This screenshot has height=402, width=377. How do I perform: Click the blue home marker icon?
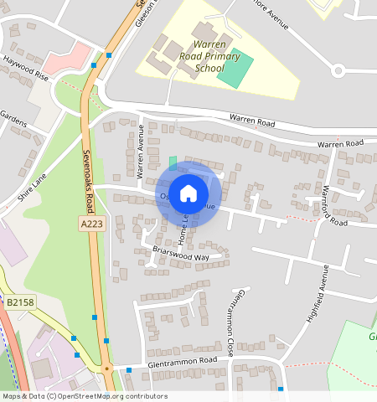188,193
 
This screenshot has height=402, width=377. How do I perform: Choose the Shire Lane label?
30,189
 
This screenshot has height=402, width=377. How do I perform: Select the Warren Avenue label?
141,152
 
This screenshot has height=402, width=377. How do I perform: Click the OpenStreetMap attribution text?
84,396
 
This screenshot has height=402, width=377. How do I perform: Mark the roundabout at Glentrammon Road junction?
106,368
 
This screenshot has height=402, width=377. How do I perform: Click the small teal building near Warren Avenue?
173,162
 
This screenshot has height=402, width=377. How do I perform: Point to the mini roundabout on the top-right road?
338,70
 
